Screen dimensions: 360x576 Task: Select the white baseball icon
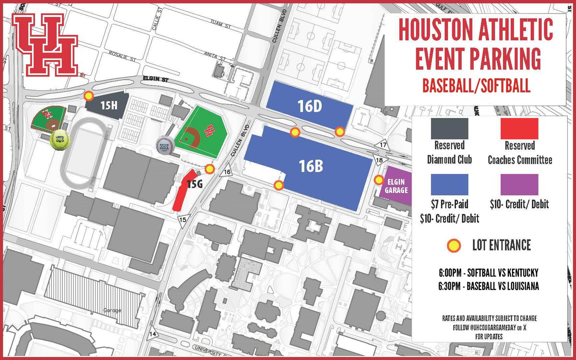(x=164, y=144)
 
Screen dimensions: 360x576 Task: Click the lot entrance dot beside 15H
(x=88, y=96)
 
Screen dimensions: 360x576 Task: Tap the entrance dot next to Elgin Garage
(x=379, y=180)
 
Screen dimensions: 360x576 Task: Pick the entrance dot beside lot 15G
(x=209, y=168)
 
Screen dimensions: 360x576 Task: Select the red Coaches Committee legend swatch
(x=519, y=128)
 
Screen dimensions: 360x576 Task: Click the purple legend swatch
(x=519, y=184)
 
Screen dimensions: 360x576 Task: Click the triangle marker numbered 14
(x=153, y=333)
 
